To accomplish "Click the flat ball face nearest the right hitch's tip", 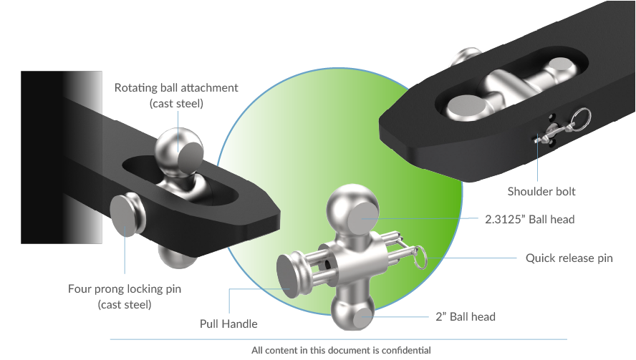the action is click(x=466, y=108).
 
